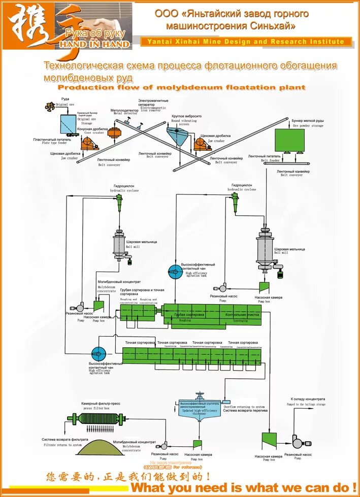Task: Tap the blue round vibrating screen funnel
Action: (x=177, y=136)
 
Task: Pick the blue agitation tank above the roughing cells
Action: (x=174, y=272)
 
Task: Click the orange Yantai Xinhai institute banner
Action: (x=246, y=42)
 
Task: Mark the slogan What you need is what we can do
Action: (x=243, y=487)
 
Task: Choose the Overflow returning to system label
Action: (x=244, y=407)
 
